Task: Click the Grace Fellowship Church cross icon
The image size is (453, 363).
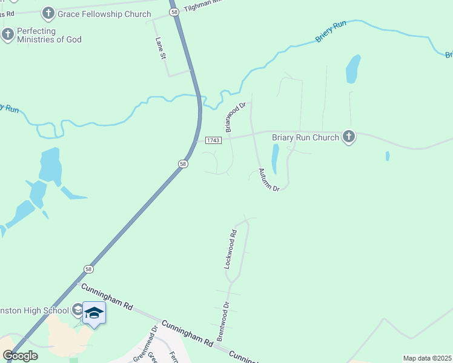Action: click(48, 13)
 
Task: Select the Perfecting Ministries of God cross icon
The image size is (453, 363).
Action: click(7, 34)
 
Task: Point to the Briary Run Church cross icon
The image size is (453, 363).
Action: click(348, 137)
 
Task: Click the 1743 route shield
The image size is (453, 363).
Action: click(213, 140)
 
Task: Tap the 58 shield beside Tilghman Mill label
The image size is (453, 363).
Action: click(174, 11)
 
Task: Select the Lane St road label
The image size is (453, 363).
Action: click(160, 48)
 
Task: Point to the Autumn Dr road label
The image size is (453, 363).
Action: click(269, 180)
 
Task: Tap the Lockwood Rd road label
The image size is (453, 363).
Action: click(229, 249)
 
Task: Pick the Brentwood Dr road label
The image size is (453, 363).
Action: click(223, 322)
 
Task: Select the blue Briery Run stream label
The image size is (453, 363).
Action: click(331, 32)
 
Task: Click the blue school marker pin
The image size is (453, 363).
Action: click(94, 313)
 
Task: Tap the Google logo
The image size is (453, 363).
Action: click(20, 356)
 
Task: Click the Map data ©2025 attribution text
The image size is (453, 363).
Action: click(426, 358)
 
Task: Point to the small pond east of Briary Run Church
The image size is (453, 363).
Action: click(388, 156)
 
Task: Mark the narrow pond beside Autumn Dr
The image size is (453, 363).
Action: click(275, 159)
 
